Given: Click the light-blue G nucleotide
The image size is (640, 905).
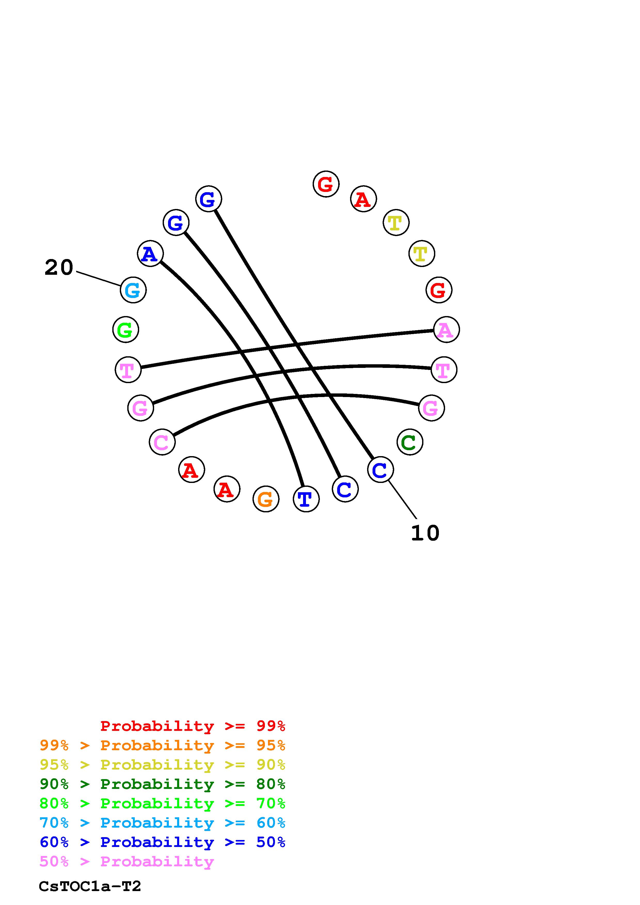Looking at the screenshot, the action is pyautogui.click(x=133, y=290).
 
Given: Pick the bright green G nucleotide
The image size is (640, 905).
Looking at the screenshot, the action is pyautogui.click(x=126, y=329).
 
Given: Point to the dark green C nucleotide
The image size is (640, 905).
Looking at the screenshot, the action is pyautogui.click(x=410, y=442).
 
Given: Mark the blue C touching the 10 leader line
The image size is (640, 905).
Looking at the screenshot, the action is pyautogui.click(x=380, y=470).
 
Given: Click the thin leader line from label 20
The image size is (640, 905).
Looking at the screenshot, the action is pyautogui.click(x=99, y=278).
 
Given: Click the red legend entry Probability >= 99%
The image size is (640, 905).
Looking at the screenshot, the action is pyautogui.click(x=193, y=726).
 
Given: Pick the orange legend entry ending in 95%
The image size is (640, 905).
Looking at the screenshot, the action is pyautogui.click(x=162, y=745).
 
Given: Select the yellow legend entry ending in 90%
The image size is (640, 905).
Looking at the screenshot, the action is pyautogui.click(x=162, y=765).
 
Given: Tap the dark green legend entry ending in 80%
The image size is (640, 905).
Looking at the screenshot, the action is pyautogui.click(x=162, y=784).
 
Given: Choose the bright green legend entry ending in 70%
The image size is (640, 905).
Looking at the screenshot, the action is pyautogui.click(x=162, y=803).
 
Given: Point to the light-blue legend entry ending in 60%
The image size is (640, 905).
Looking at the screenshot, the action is pyautogui.click(x=162, y=823).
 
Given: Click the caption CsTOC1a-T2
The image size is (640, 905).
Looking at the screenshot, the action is pyautogui.click(x=90, y=886).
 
